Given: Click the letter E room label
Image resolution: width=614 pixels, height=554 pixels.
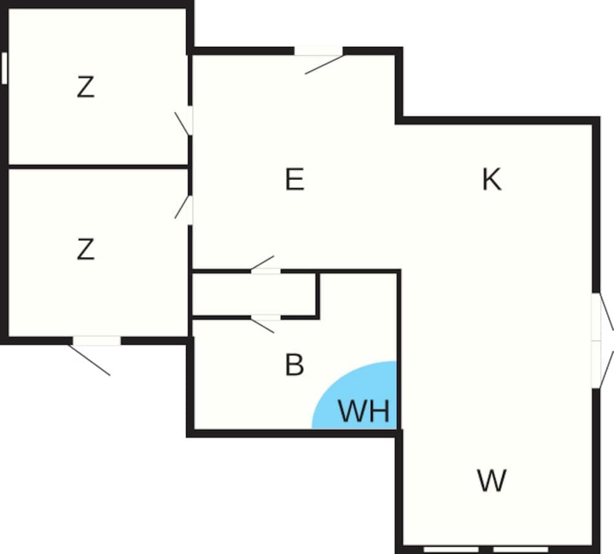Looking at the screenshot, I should point(295,181).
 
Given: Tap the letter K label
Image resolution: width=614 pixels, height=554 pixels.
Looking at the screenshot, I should point(491,180).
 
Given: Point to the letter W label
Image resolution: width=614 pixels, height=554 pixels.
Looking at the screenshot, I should point(492,480).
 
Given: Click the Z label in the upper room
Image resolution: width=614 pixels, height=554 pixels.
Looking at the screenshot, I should point(86,88).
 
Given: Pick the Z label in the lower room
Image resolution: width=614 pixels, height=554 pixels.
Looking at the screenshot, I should point(86,250).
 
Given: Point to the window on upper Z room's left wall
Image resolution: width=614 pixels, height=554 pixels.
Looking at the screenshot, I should point(4,68).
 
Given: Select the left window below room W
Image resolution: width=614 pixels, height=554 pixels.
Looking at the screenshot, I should point(451,548).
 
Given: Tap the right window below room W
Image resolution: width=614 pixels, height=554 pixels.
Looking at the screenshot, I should point(521,548).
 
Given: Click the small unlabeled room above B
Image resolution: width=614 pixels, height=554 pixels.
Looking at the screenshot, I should point(254,295).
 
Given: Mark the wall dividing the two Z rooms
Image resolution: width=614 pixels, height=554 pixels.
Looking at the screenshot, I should point(98,166).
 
